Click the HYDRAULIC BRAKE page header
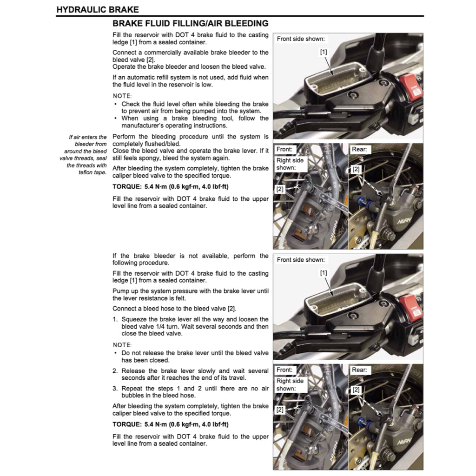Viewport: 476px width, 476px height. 97,9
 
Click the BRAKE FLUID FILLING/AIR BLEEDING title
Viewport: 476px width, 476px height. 191,23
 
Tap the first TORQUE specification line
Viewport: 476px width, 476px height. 170,187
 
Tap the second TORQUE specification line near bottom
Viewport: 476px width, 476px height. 170,424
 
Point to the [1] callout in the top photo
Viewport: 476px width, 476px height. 324,53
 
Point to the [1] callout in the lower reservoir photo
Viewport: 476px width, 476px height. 324,273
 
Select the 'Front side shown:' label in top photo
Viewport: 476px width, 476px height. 301,39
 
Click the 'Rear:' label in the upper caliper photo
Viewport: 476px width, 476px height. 359,150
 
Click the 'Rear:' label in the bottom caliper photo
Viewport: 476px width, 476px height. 359,370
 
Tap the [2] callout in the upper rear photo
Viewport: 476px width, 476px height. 356,170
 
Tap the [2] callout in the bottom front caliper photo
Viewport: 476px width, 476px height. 280,410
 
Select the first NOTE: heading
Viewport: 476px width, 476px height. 122,96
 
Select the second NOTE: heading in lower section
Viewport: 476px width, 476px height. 122,345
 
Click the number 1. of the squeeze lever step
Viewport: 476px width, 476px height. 115,319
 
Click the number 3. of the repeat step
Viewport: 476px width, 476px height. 115,389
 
